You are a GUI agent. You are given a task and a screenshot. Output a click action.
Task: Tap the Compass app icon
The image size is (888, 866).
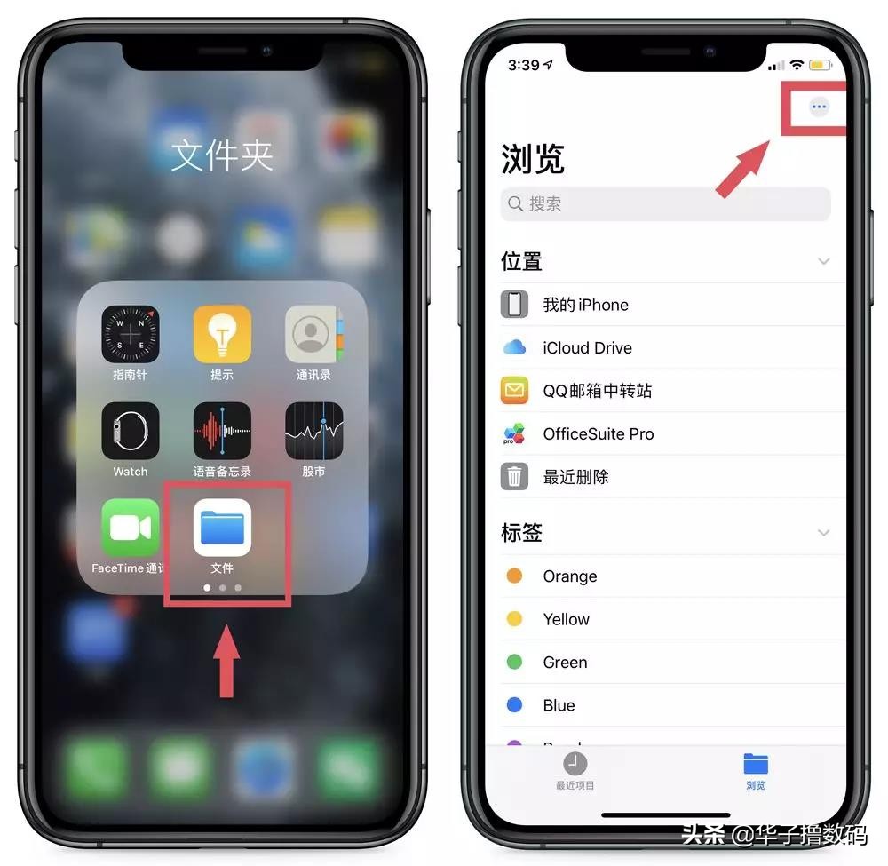click(131, 334)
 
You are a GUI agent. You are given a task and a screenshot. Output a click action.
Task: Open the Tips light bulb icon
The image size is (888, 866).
click(222, 334)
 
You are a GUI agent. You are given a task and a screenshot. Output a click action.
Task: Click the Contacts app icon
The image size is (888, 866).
click(313, 334)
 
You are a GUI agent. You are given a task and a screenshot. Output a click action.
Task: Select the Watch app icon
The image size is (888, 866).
click(131, 431)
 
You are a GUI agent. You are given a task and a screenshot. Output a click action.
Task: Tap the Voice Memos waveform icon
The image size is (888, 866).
click(222, 431)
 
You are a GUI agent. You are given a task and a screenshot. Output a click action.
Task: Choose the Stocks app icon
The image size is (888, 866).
click(313, 431)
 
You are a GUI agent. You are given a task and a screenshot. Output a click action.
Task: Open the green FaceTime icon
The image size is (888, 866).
click(131, 527)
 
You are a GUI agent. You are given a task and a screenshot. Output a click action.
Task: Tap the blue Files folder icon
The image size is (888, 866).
click(222, 527)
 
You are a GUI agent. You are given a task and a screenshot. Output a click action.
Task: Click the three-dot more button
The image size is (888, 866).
click(819, 107)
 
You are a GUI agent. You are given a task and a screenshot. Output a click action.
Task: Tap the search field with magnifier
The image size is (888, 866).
click(665, 204)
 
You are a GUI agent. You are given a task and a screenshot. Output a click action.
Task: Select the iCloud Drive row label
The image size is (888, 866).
click(587, 348)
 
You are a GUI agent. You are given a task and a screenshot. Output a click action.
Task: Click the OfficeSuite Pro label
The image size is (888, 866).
click(598, 434)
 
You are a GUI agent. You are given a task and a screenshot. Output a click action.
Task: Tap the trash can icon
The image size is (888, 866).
click(514, 477)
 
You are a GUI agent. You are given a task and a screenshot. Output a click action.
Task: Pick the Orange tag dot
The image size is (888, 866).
click(514, 576)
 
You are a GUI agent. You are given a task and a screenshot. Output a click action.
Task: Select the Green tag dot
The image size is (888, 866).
click(514, 662)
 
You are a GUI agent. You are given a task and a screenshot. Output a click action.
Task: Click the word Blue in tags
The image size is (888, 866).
click(559, 705)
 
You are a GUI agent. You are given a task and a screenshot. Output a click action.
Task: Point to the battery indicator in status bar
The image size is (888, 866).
click(820, 65)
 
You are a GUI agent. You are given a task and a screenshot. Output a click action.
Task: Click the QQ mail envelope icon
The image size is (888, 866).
click(514, 391)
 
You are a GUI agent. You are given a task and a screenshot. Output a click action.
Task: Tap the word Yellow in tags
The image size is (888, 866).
click(566, 619)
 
